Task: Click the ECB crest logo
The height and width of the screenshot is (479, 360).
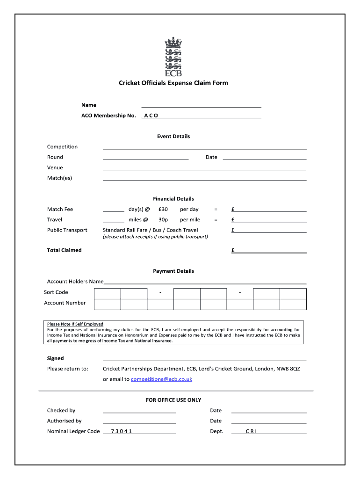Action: click(173, 58)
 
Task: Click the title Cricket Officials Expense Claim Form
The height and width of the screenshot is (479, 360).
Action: click(173, 83)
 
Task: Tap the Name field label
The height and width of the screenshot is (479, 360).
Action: click(89, 105)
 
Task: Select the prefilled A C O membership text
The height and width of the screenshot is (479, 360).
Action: click(151, 116)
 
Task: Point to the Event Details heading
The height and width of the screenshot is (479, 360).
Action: click(173, 137)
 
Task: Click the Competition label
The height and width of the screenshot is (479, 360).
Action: click(62, 147)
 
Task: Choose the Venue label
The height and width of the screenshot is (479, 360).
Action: click(55, 167)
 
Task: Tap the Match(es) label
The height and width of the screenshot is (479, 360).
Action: click(59, 178)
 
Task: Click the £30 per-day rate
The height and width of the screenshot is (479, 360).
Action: click(163, 210)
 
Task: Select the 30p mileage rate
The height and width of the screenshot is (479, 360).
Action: click(163, 220)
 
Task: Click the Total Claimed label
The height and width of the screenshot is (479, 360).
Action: click(64, 250)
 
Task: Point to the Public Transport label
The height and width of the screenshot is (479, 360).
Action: click(67, 230)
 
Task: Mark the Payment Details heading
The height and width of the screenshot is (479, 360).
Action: click(173, 271)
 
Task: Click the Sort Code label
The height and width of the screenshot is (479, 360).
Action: click(56, 292)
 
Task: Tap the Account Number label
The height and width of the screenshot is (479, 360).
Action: click(65, 303)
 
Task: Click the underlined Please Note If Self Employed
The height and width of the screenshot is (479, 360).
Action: click(75, 324)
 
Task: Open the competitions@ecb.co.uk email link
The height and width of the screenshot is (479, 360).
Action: click(161, 379)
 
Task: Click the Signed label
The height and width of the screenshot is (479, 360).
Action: click(56, 359)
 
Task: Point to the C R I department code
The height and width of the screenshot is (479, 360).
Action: click(251, 432)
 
